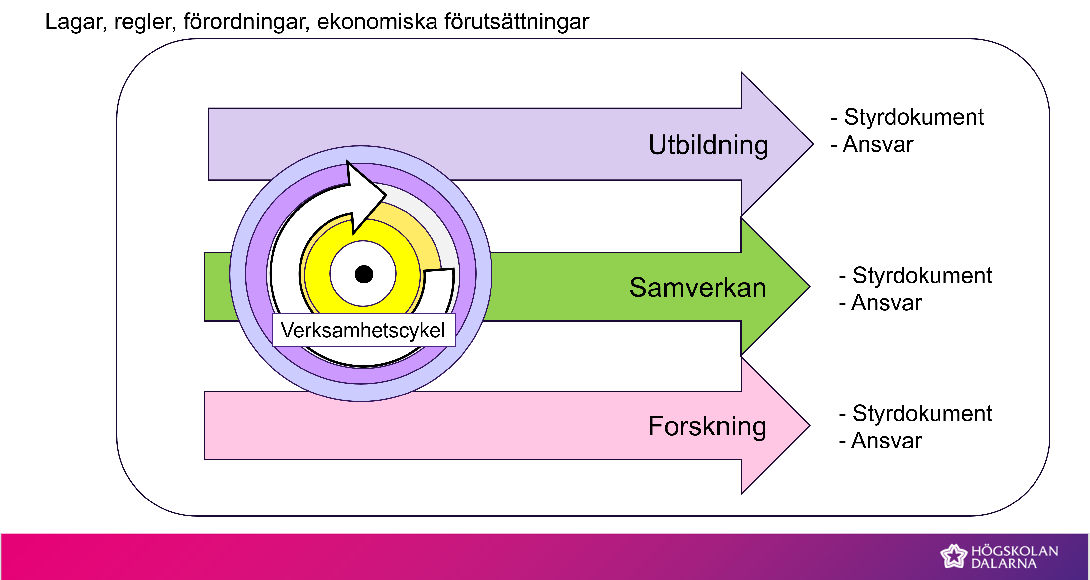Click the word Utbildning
[708, 145]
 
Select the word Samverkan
[698, 288]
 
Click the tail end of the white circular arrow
[440, 284]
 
